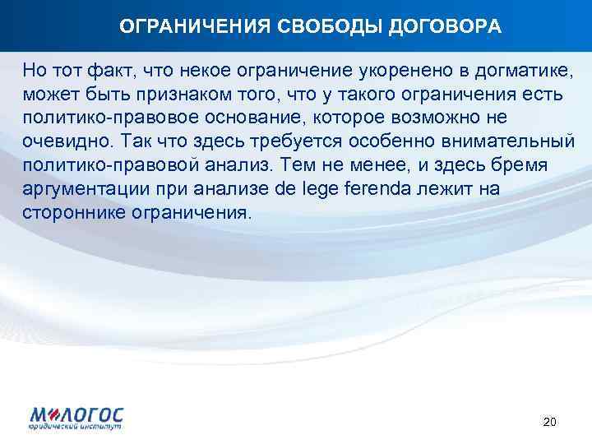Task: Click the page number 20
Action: tap(550, 422)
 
